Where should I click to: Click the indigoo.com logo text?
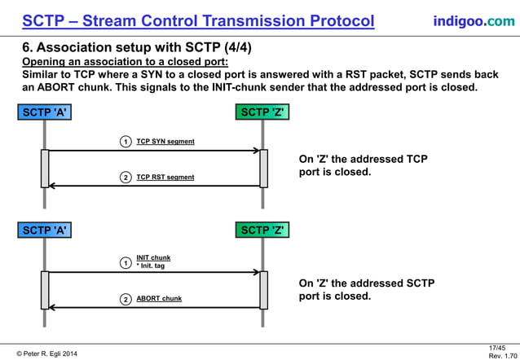[474, 20]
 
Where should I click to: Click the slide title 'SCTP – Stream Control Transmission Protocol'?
[198, 20]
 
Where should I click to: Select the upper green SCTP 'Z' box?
[263, 112]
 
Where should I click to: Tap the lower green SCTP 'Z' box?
[263, 230]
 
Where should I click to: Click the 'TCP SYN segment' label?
[165, 142]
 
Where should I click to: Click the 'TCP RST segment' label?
[165, 177]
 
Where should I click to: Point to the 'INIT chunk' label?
[153, 257]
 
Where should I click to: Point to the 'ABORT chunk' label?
[159, 299]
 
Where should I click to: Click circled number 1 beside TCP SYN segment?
[126, 142]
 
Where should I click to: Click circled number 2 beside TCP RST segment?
[126, 177]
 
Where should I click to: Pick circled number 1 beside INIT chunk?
[126, 263]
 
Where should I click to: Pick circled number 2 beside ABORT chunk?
[126, 299]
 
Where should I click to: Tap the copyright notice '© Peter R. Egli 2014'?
[49, 353]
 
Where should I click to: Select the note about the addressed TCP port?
[363, 165]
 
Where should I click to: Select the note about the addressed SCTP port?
[366, 289]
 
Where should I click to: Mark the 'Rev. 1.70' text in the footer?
[500, 356]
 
